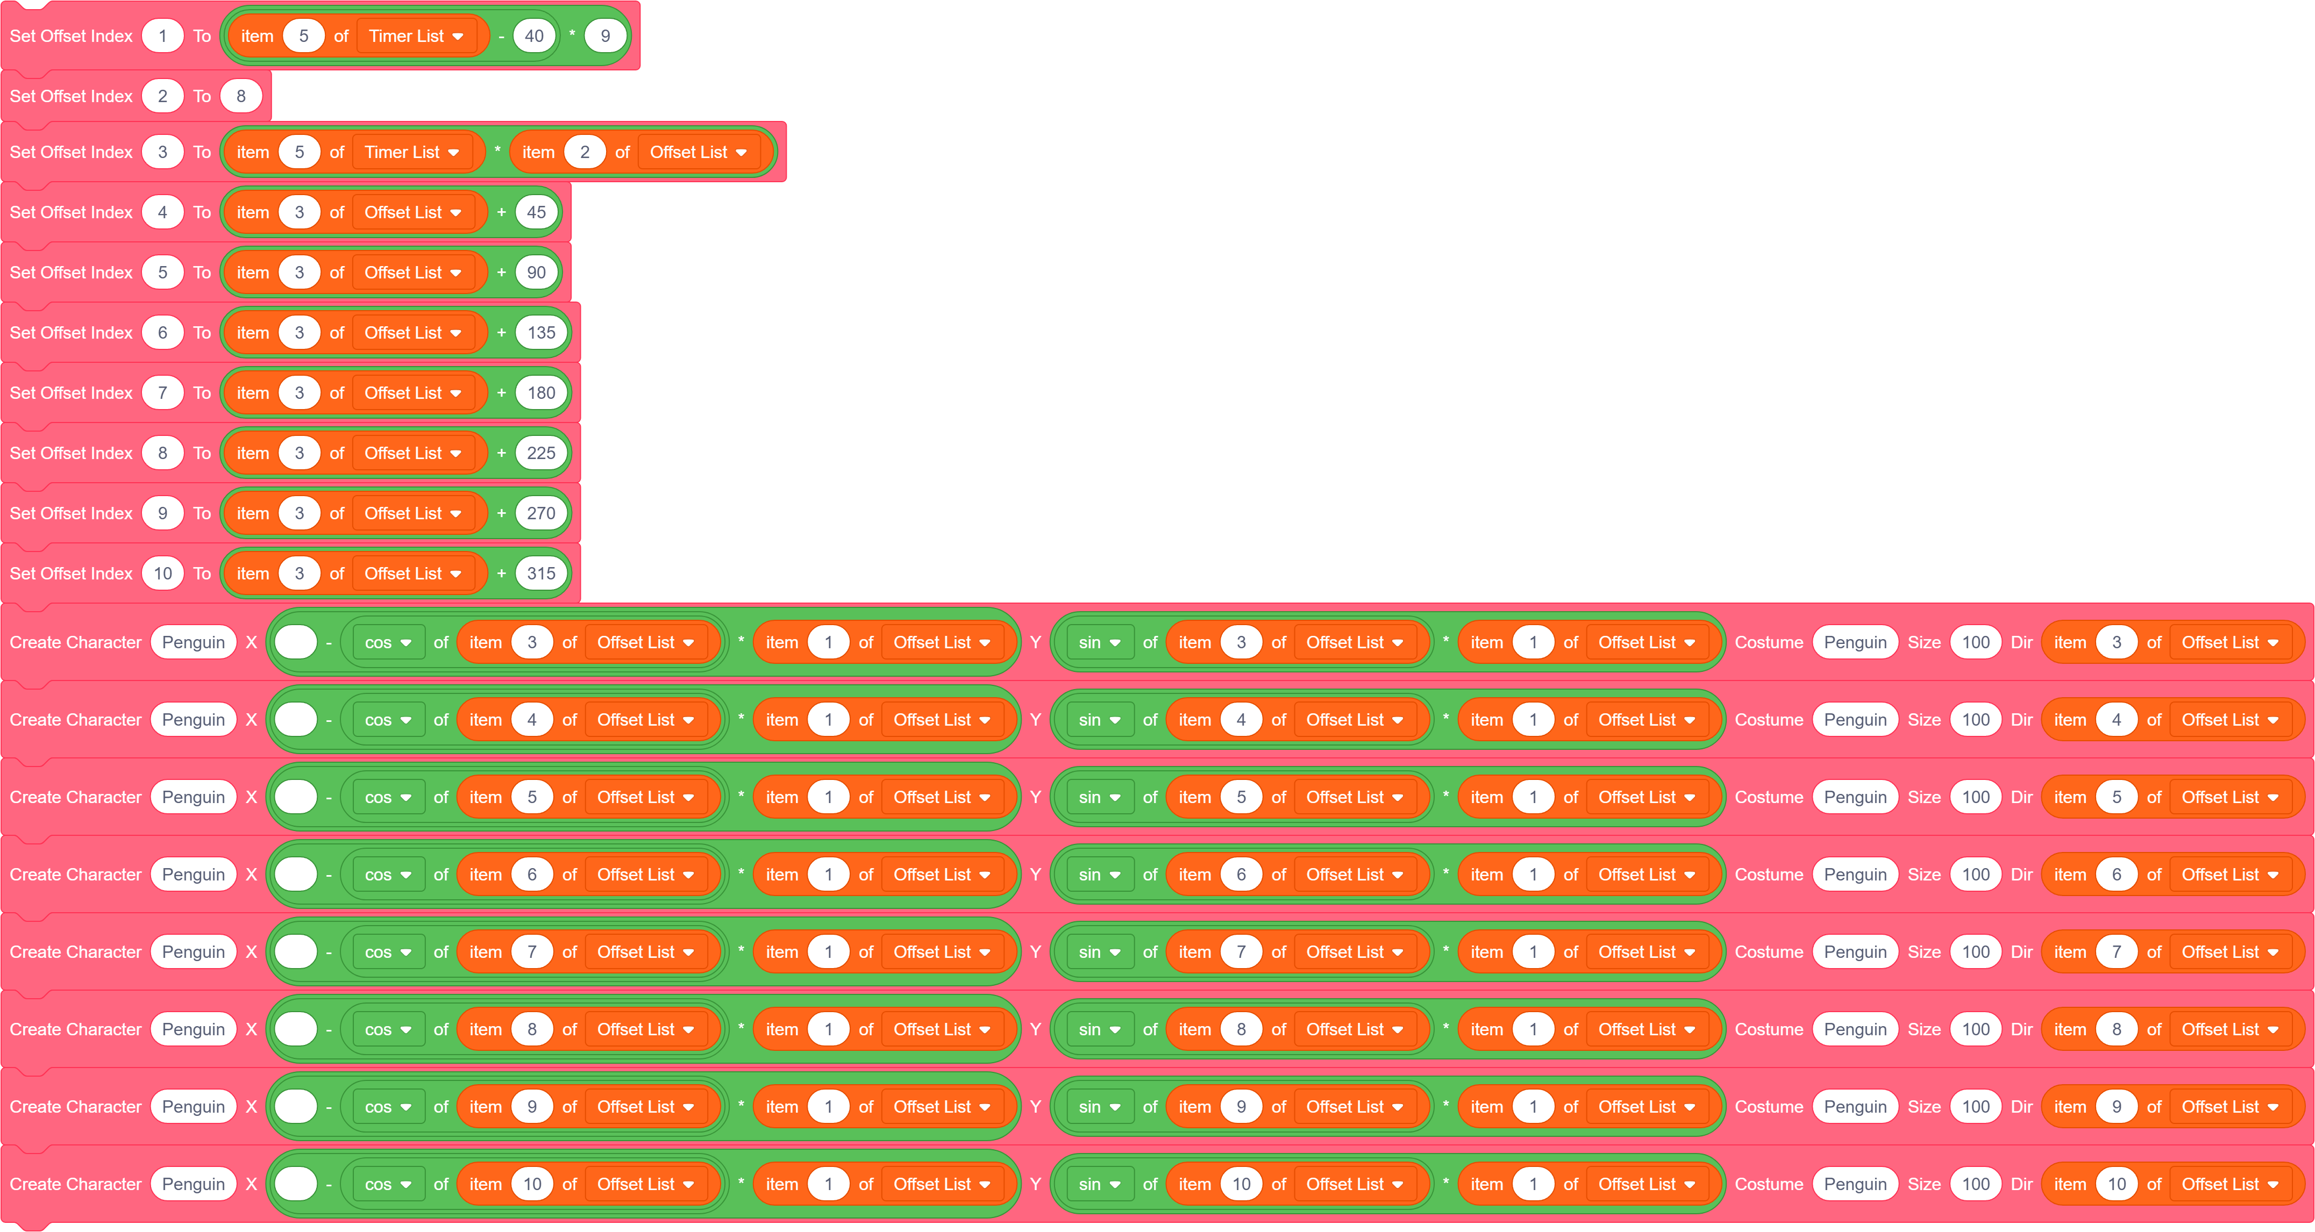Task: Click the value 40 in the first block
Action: [534, 36]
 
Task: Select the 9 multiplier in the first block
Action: [605, 36]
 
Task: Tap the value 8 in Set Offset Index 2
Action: [241, 96]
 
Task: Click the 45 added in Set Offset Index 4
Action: [537, 212]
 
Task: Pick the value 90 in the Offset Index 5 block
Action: [537, 273]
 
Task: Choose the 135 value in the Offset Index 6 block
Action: [541, 333]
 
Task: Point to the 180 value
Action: [541, 393]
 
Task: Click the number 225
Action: [541, 453]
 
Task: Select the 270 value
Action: [541, 513]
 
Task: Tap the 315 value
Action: [541, 574]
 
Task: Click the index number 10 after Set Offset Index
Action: [162, 574]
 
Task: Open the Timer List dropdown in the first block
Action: [416, 36]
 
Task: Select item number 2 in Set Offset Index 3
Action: [584, 152]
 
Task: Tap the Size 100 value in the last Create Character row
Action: [1975, 1184]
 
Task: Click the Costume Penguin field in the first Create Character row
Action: [1855, 642]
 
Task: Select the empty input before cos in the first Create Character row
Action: [296, 642]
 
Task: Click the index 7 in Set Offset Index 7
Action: [162, 393]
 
